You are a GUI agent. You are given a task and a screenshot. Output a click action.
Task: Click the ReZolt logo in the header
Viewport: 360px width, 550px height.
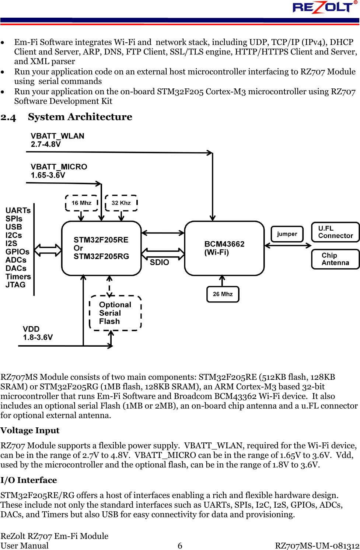click(x=324, y=7)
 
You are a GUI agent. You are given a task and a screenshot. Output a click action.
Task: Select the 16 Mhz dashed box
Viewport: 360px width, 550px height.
click(x=81, y=203)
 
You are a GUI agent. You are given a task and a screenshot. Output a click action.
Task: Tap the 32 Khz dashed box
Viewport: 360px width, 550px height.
click(x=121, y=203)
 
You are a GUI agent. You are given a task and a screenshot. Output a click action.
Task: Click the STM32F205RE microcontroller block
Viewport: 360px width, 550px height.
click(x=101, y=248)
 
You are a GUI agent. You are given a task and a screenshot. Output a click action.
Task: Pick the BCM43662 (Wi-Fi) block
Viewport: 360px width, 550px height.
click(x=224, y=248)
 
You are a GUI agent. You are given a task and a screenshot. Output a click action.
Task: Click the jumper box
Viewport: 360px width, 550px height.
click(x=287, y=234)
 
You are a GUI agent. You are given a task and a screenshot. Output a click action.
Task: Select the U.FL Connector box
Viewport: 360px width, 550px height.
click(x=335, y=232)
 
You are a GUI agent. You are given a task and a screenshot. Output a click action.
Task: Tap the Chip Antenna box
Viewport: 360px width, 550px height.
click(x=335, y=259)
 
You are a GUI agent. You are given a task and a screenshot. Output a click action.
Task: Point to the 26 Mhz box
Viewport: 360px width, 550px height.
click(x=223, y=294)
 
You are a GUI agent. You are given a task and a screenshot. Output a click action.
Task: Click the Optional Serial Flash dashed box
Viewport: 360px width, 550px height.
click(x=115, y=313)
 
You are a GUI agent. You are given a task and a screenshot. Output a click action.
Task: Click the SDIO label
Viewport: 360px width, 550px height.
click(x=159, y=262)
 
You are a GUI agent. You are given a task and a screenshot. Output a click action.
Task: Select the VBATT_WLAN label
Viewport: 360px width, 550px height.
click(x=57, y=136)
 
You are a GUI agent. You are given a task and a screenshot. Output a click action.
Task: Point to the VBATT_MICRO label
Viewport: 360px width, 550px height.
click(x=59, y=167)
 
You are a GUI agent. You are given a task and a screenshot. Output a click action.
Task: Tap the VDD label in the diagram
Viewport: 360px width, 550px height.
click(x=31, y=329)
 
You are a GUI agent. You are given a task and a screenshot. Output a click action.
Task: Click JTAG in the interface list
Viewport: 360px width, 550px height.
click(x=15, y=285)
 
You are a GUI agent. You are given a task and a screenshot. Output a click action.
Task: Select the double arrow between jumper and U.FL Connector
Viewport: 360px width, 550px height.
click(x=288, y=245)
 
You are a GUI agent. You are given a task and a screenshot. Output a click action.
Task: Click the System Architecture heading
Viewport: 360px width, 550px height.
click(x=80, y=117)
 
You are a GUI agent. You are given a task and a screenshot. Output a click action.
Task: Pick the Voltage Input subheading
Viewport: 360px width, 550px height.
click(x=30, y=430)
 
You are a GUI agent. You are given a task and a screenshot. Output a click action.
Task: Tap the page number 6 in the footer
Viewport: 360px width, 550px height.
click(x=180, y=546)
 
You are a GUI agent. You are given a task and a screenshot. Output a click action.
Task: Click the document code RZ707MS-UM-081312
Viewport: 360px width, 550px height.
click(x=317, y=546)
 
